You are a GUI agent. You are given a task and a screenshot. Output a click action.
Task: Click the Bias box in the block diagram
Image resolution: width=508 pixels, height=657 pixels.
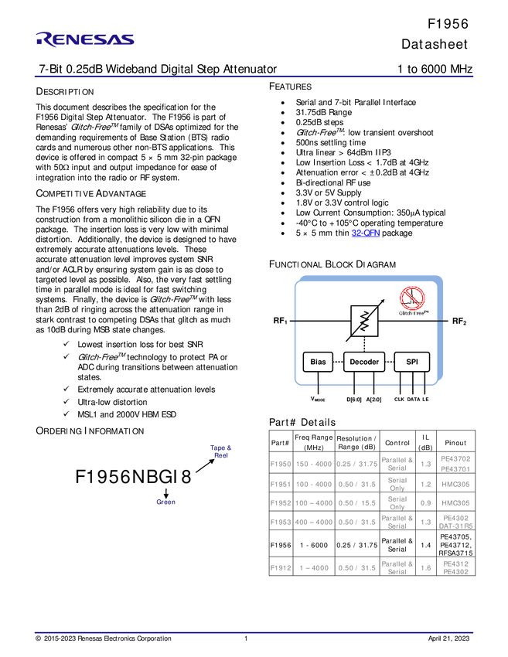pos(318,362)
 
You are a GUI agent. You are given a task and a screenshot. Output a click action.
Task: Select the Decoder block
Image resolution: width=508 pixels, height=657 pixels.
pos(364,362)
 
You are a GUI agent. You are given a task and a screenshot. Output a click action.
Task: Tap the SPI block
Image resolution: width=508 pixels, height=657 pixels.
pos(411,362)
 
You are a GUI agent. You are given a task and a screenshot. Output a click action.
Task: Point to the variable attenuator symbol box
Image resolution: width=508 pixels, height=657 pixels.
pos(363,321)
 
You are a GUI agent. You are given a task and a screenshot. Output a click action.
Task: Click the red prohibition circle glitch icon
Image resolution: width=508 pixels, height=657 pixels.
pos(411,298)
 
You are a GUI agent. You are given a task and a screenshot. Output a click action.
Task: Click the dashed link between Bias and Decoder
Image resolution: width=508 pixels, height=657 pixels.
pos(338,362)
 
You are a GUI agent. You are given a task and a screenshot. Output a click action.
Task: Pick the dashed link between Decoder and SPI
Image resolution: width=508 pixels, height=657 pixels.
pos(390,362)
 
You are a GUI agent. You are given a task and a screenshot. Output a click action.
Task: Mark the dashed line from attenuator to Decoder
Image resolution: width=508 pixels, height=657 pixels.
pos(363,343)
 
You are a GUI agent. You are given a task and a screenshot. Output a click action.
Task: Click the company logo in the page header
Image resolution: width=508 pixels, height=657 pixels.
pos(85,39)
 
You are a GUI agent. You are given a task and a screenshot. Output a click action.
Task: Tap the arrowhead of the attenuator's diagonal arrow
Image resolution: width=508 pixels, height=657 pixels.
pos(382,302)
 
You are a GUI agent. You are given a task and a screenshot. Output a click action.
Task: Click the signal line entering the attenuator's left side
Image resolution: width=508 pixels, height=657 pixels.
pos(321,320)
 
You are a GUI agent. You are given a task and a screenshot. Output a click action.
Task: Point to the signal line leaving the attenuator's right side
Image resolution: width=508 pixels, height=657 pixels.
pos(410,320)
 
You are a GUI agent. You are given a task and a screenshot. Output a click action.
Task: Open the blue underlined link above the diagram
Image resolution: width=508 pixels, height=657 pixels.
pos(365,233)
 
